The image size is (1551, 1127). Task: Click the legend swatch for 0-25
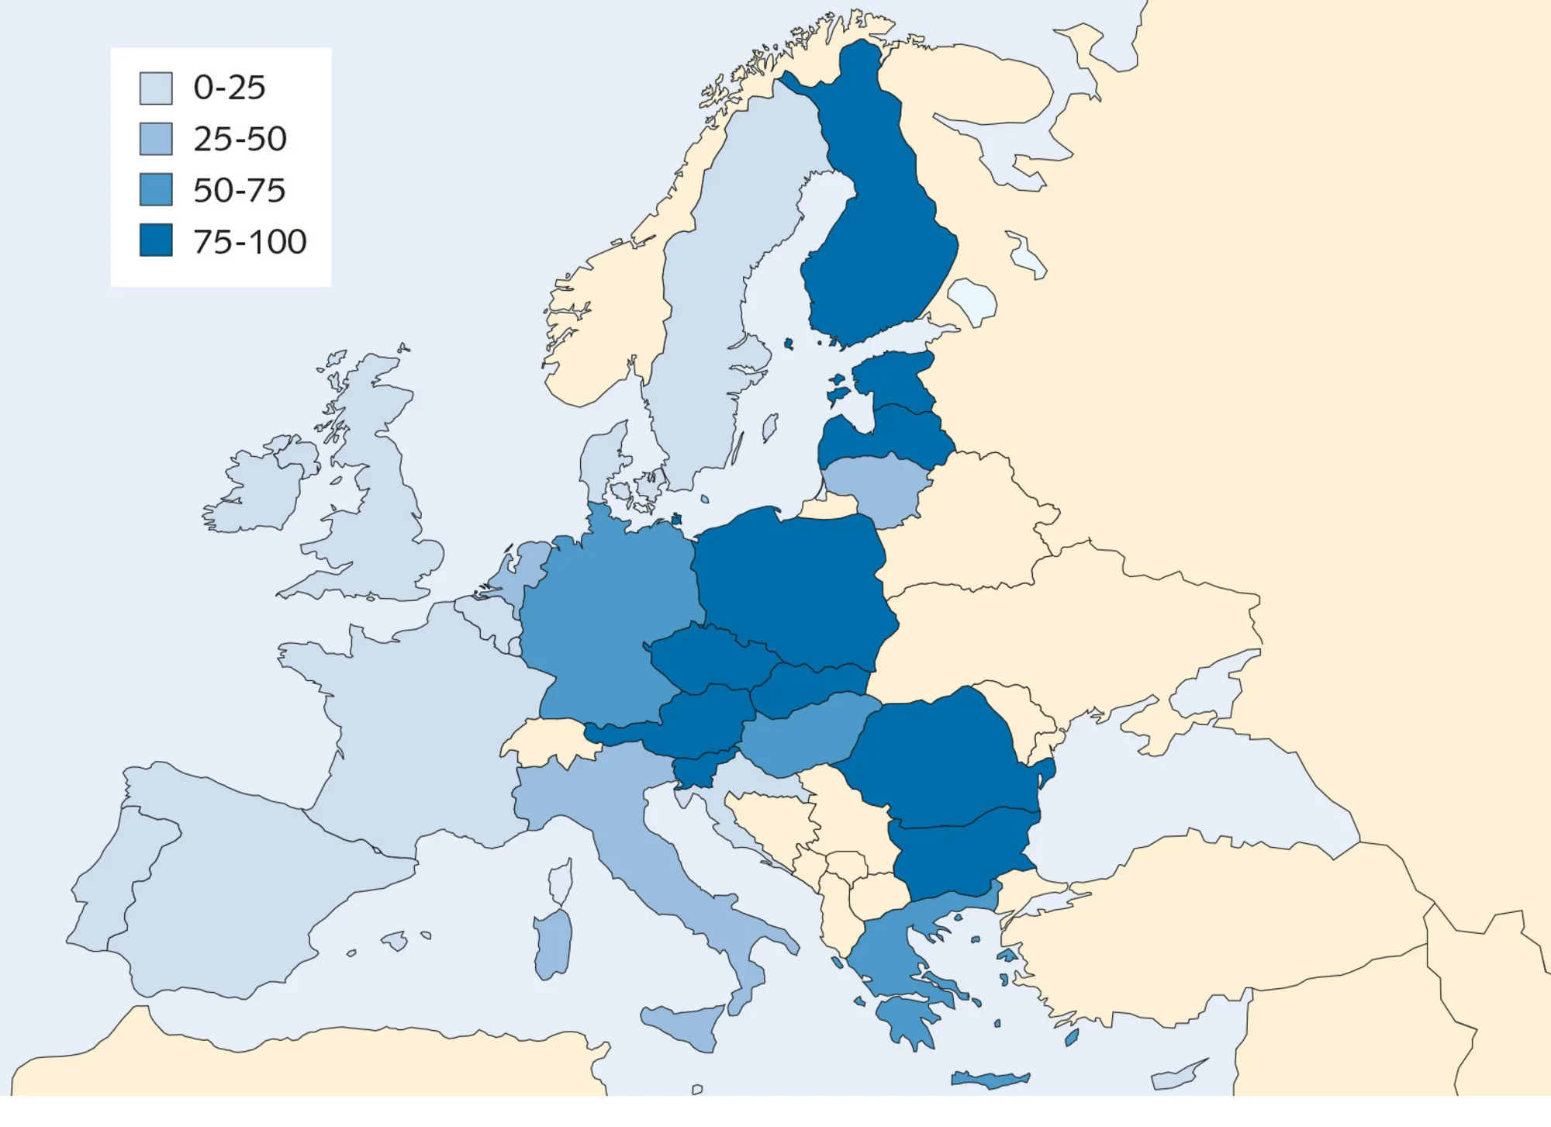tap(156, 88)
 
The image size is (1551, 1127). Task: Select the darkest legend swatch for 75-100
tap(156, 240)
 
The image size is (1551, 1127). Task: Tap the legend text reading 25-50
tap(240, 140)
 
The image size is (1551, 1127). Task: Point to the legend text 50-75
tap(239, 191)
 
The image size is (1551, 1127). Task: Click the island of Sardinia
tap(554, 942)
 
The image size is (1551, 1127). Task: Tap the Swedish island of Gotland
tap(770, 427)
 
